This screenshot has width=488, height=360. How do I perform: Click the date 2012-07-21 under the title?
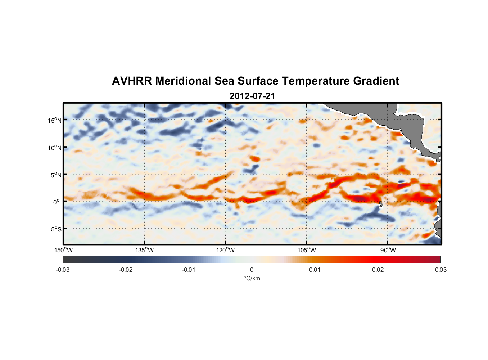click(x=252, y=96)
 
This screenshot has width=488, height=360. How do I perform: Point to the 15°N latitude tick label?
click(x=55, y=120)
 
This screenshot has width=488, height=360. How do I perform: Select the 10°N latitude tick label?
click(x=55, y=148)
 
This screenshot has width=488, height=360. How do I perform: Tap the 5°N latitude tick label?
click(x=56, y=175)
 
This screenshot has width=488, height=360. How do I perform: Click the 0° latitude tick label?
click(x=57, y=202)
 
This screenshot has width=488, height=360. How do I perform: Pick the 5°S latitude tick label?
click(x=56, y=229)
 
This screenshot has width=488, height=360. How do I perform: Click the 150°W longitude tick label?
click(x=64, y=250)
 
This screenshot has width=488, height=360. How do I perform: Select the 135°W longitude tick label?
click(x=145, y=250)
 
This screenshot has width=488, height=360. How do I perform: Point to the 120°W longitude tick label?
click(x=226, y=250)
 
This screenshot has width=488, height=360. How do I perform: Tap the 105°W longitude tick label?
click(x=307, y=250)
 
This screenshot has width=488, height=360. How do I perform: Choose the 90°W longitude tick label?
click(x=388, y=250)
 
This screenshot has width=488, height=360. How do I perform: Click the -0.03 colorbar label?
click(x=63, y=270)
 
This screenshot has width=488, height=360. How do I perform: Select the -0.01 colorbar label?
click(x=189, y=270)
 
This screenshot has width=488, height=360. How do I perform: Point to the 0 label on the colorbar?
click(x=252, y=270)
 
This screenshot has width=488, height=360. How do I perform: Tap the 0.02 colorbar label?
click(x=378, y=270)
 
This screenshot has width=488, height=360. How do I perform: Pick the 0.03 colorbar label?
click(x=440, y=270)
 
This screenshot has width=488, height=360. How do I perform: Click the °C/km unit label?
click(x=252, y=278)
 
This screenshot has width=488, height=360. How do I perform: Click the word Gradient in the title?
click(x=376, y=81)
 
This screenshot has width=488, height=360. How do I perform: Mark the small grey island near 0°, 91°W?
click(x=381, y=204)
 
